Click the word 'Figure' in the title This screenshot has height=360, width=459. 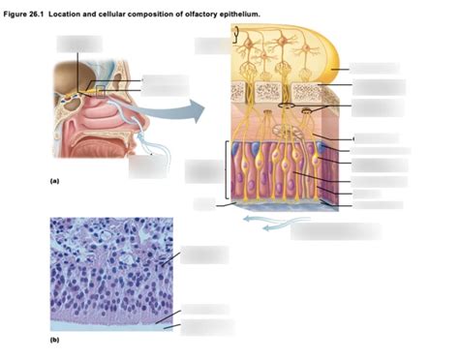pos(17,13)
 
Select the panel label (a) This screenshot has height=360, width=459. pos(55,181)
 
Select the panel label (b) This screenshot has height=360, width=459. pos(55,342)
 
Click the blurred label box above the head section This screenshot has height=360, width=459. pos(78,44)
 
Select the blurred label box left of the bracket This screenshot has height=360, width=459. pos(203,170)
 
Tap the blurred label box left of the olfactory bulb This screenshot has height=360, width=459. pos(212,45)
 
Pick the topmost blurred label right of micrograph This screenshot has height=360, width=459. pos(203,255)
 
